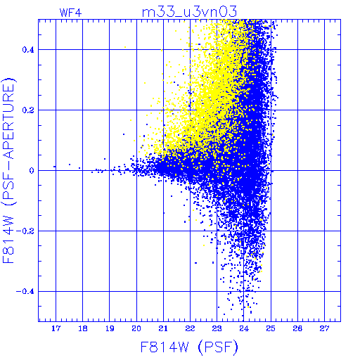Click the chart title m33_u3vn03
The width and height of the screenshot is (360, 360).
click(x=189, y=12)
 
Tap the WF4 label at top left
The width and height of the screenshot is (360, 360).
click(x=70, y=13)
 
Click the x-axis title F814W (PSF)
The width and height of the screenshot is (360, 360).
click(x=189, y=347)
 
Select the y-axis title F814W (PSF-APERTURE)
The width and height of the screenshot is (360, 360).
click(x=9, y=170)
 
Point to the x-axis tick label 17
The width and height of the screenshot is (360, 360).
click(x=56, y=328)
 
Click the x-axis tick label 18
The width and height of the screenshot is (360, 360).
click(x=83, y=328)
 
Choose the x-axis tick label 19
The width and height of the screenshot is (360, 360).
click(x=110, y=328)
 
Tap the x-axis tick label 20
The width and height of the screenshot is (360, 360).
click(x=136, y=328)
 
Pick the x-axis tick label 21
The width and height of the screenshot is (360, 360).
click(x=163, y=328)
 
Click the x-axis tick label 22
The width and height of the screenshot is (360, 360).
click(x=190, y=328)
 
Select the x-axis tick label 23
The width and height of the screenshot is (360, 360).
click(x=217, y=328)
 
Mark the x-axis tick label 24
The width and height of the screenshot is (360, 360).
click(x=244, y=328)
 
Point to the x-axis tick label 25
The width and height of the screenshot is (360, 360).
click(x=271, y=328)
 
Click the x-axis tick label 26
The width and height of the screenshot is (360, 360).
click(x=297, y=328)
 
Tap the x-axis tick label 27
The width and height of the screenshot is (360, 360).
click(x=324, y=328)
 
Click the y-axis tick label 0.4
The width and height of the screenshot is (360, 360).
click(x=28, y=50)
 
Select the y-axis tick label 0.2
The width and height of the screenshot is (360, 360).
click(x=28, y=110)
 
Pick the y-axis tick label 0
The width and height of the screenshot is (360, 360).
click(x=32, y=171)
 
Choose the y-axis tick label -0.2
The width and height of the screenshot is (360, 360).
click(x=25, y=231)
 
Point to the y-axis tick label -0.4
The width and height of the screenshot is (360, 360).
click(x=25, y=292)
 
